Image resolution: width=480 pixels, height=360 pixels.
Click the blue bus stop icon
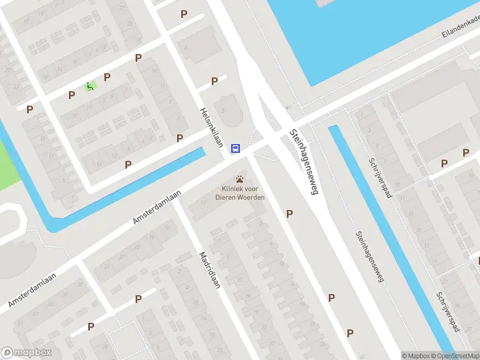point(236,148)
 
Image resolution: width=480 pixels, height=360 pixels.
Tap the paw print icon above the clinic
point(240,179)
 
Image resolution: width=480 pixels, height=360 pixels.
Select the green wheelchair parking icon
point(89,86)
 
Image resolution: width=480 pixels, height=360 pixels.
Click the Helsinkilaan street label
point(212,127)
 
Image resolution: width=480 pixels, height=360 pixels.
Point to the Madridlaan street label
point(210,269)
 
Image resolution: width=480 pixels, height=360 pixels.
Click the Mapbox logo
point(26,353)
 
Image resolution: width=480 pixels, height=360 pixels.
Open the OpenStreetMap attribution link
point(458,356)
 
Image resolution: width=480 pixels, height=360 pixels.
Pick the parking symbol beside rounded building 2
point(214,82)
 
